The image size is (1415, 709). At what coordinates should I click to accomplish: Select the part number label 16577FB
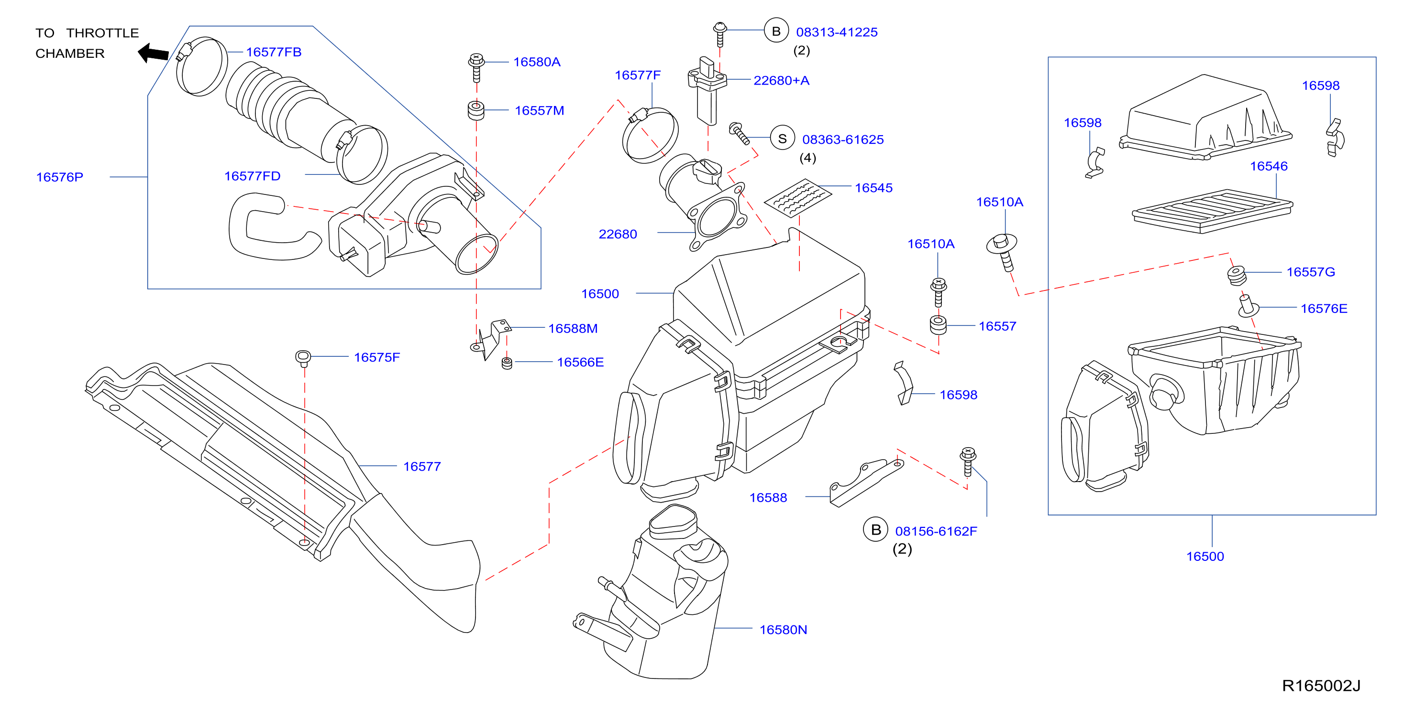tap(274, 52)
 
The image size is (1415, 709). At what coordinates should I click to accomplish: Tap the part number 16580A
tap(537, 62)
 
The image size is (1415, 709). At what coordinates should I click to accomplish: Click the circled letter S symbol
tap(782, 139)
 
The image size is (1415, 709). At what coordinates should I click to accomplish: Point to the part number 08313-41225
tap(837, 32)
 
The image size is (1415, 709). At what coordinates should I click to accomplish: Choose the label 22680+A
tap(781, 81)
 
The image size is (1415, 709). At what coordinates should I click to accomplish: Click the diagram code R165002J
tap(1321, 686)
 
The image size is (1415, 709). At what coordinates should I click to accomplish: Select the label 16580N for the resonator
tap(783, 629)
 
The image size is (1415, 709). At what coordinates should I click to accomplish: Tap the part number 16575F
tap(377, 357)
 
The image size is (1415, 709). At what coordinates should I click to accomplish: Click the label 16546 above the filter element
tap(1268, 166)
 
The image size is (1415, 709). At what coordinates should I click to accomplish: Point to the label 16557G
tap(1311, 272)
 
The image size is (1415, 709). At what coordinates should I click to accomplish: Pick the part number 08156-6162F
tap(936, 531)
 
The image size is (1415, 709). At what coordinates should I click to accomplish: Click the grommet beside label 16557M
tap(475, 110)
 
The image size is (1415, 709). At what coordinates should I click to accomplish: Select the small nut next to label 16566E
tap(507, 363)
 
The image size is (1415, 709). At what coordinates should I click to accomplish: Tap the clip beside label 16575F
tap(303, 358)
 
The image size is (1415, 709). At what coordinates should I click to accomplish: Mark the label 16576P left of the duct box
tap(59, 177)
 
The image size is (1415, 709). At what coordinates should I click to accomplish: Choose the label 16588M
tap(573, 329)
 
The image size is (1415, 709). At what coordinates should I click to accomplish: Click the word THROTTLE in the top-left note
tap(103, 33)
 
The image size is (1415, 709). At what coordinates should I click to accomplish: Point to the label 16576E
tap(1324, 309)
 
